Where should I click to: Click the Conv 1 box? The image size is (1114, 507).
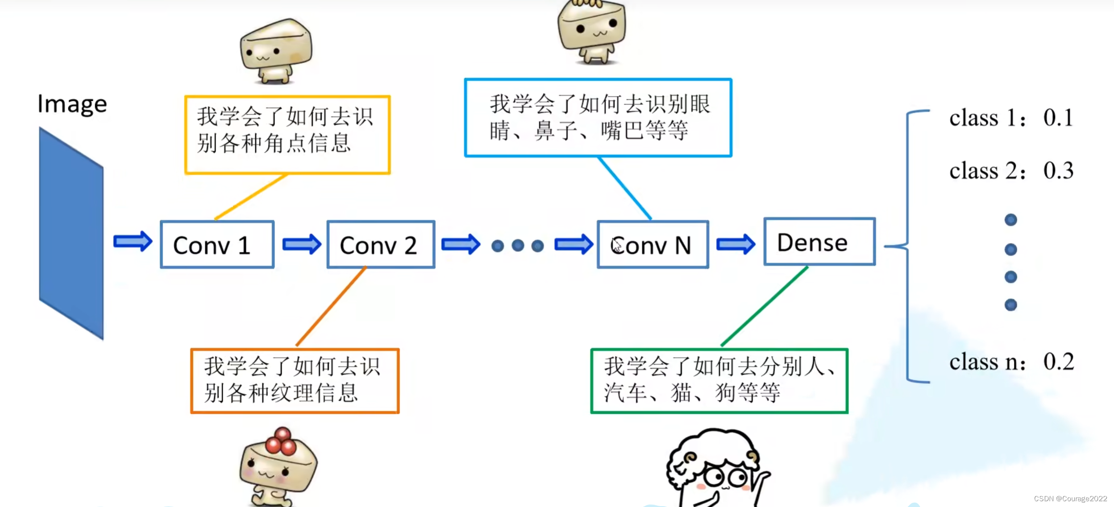tap(217, 244)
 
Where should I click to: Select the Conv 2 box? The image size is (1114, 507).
tap(381, 244)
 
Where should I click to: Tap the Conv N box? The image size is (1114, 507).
tap(653, 244)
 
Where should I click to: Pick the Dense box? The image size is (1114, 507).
tap(819, 242)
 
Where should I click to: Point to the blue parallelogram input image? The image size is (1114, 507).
tap(71, 233)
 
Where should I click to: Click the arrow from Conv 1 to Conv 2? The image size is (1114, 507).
tap(302, 244)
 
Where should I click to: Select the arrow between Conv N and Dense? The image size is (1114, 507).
tap(736, 244)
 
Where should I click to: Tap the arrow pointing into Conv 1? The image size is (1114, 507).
tap(133, 241)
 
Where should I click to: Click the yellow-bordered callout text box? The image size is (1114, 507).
tap(287, 135)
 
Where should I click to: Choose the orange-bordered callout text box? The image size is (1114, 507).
tap(295, 381)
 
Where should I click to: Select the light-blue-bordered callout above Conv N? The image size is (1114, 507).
tap(598, 118)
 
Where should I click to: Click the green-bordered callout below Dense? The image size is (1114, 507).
tap(719, 381)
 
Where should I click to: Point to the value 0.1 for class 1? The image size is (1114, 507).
tap(1058, 118)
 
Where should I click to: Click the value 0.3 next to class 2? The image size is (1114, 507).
tap(1058, 171)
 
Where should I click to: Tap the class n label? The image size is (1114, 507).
tap(987, 362)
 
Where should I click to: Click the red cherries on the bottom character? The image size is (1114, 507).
tap(281, 441)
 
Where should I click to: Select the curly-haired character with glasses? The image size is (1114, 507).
tap(716, 468)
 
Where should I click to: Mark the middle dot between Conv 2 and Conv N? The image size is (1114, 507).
tap(518, 245)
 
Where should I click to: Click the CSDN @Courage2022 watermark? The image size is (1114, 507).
tap(1070, 499)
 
